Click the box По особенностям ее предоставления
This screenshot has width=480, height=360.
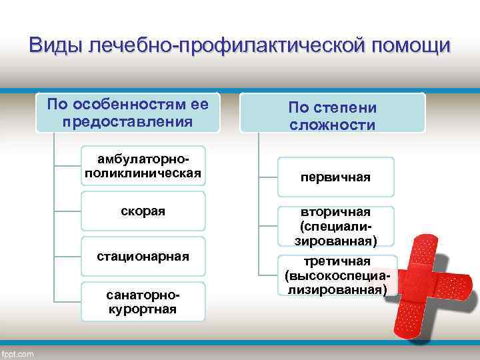click(128, 113)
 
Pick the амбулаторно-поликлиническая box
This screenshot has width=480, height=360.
click(143, 167)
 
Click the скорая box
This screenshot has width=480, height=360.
click(143, 211)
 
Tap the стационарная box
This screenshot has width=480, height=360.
click(143, 256)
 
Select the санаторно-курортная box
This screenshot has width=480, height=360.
click(143, 301)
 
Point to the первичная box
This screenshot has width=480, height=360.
click(336, 177)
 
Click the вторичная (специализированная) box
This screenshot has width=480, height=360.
click(336, 225)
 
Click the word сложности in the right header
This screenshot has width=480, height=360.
click(332, 125)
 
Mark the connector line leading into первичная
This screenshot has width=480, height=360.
click(268, 177)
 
